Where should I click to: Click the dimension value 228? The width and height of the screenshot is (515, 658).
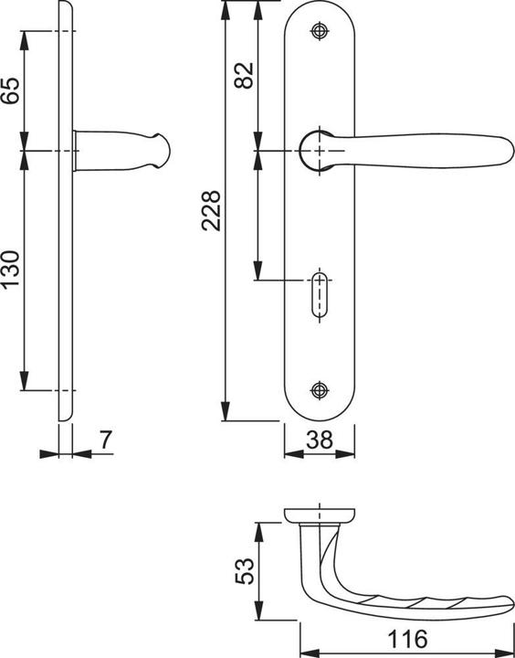(x=211, y=211)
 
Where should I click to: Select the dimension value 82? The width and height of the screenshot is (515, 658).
(x=244, y=76)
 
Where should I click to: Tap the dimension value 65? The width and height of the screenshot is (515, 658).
(x=10, y=90)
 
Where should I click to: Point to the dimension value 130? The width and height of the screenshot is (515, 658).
(x=10, y=269)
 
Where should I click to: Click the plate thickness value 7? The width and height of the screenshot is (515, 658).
(x=106, y=440)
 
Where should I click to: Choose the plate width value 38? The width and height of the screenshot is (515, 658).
(x=320, y=440)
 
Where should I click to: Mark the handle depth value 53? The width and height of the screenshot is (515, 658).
(x=245, y=570)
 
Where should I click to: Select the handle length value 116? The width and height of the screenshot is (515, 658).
(x=407, y=640)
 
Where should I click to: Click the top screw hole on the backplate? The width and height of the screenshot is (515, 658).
(x=320, y=31)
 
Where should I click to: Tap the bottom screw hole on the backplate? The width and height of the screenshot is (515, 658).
(x=320, y=390)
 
